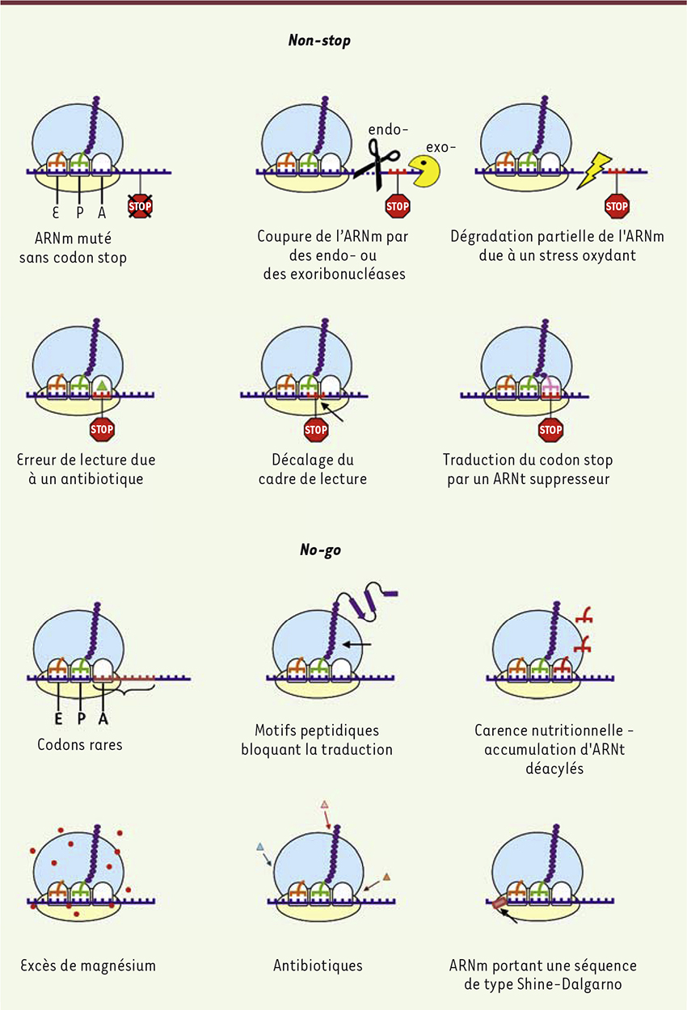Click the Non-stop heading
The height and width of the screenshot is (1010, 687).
[319, 40]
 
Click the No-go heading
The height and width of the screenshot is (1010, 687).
[320, 549]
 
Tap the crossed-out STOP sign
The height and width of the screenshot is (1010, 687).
[140, 207]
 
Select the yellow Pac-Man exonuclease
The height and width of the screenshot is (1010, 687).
[424, 170]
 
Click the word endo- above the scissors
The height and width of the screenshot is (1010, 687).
[388, 130]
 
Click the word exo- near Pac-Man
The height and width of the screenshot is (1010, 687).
[440, 147]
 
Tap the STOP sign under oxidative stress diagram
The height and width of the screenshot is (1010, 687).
[617, 207]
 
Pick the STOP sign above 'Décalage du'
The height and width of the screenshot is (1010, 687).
[316, 429]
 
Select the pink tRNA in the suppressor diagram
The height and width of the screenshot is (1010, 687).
[550, 386]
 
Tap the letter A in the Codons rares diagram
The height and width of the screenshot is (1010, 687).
[103, 719]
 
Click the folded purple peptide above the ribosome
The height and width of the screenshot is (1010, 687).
[365, 601]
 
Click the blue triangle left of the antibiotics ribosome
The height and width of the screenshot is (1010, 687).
[259, 847]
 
